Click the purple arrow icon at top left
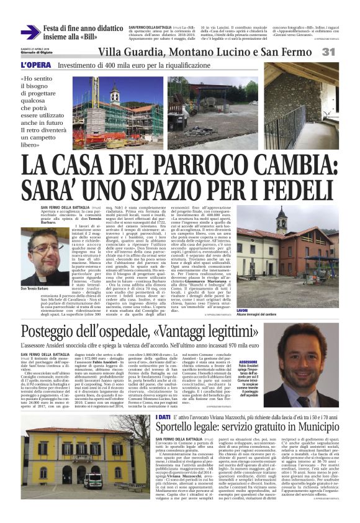tap(30, 32)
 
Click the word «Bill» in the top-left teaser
tap(102, 37)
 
